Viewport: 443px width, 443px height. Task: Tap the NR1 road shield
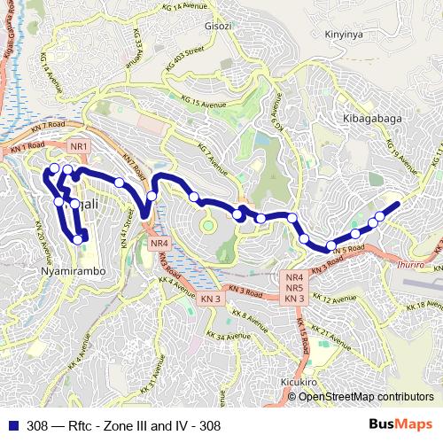point(80,146)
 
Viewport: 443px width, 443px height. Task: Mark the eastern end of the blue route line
point(398,205)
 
